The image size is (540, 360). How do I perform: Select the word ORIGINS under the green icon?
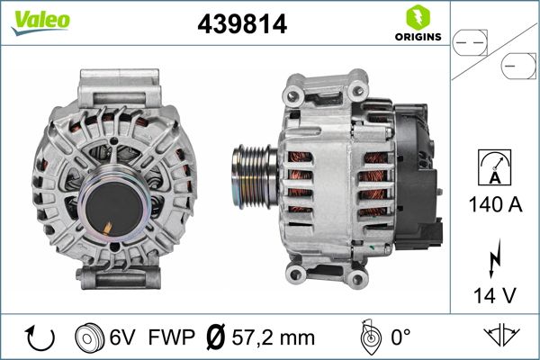pyautogui.click(x=417, y=38)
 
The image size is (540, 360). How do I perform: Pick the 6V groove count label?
pyautogui.click(x=122, y=338)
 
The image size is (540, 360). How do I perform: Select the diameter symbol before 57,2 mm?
pyautogui.click(x=217, y=338)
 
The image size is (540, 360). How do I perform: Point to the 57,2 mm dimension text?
pyautogui.click(x=273, y=338)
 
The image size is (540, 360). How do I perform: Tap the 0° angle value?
pyautogui.click(x=400, y=338)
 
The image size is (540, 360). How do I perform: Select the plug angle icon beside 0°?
pyautogui.click(x=366, y=337)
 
